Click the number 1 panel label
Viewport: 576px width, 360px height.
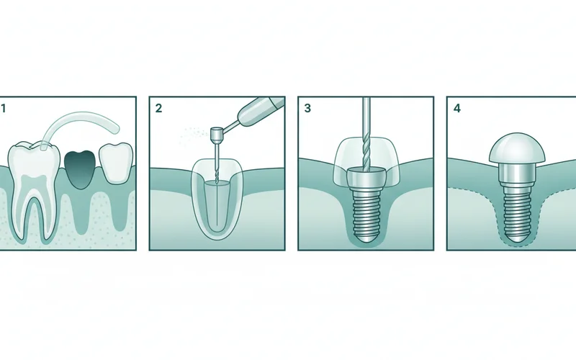click(4, 109)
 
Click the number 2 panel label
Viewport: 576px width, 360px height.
click(158, 109)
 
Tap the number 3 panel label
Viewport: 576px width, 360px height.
click(307, 109)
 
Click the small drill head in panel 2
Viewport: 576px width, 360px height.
click(216, 135)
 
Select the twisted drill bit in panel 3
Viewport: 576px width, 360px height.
click(366, 144)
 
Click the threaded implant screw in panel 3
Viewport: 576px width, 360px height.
click(366, 209)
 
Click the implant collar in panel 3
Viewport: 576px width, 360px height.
click(366, 177)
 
